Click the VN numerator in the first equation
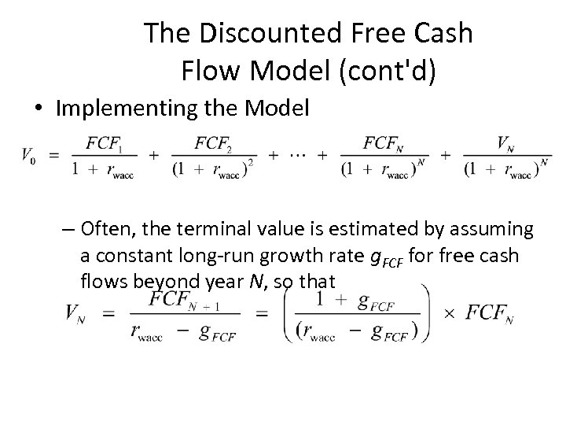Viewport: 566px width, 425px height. coord(506,142)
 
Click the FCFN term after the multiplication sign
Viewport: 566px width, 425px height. coord(490,313)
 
